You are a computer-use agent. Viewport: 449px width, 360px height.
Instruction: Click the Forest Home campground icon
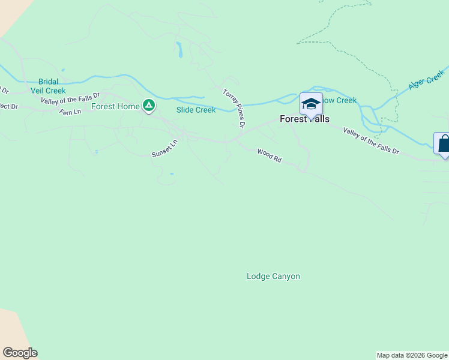[x=149, y=106]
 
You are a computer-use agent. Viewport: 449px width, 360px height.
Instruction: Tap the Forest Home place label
[x=115, y=107]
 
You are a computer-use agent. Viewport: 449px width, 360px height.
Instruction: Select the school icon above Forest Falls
[x=311, y=103]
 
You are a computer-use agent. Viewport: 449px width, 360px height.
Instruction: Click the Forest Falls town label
[x=304, y=119]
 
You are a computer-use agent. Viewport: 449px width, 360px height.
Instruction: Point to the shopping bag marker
[x=444, y=144]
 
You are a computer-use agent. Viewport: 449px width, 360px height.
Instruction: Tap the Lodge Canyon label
[x=273, y=277]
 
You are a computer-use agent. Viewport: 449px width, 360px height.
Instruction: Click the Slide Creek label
[x=196, y=110]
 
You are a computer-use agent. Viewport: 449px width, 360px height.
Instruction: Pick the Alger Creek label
[x=426, y=80]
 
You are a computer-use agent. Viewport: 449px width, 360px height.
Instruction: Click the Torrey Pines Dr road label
[x=234, y=109]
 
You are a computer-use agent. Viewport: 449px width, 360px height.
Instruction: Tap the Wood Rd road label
[x=270, y=156]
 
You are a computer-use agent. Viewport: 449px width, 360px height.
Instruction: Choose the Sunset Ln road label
[x=165, y=149]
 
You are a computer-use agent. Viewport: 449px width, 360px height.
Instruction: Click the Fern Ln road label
[x=70, y=112]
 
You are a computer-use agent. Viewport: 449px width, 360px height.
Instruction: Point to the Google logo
[x=20, y=353]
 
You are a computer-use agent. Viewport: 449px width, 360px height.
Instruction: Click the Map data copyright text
[x=412, y=355]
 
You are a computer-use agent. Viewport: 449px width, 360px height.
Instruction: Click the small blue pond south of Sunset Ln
[x=172, y=174]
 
